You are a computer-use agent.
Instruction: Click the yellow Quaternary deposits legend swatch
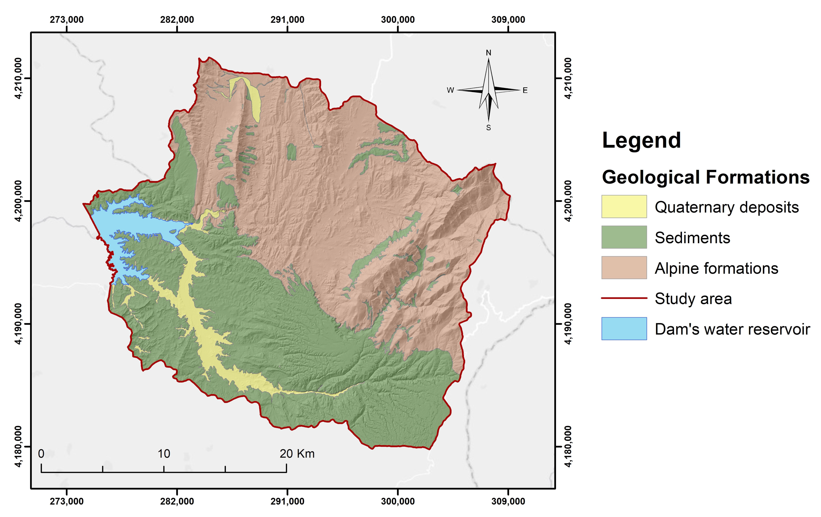pyautogui.click(x=624, y=206)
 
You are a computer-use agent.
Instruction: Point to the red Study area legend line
pyautogui.click(x=624, y=298)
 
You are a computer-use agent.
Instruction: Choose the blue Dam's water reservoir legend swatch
pyautogui.click(x=624, y=328)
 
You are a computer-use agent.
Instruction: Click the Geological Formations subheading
pyautogui.click(x=705, y=177)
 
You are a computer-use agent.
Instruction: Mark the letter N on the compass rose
pyautogui.click(x=488, y=53)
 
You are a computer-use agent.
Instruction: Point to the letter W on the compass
pyautogui.click(x=450, y=90)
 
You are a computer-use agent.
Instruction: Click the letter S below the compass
pyautogui.click(x=488, y=128)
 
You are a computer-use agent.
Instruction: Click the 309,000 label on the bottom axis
pyautogui.click(x=508, y=501)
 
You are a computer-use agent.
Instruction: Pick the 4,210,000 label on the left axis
pyautogui.click(x=19, y=78)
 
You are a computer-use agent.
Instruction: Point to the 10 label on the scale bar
pyautogui.click(x=164, y=453)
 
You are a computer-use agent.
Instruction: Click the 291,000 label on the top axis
pyautogui.click(x=287, y=20)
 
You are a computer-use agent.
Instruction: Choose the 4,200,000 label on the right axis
pyautogui.click(x=568, y=201)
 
